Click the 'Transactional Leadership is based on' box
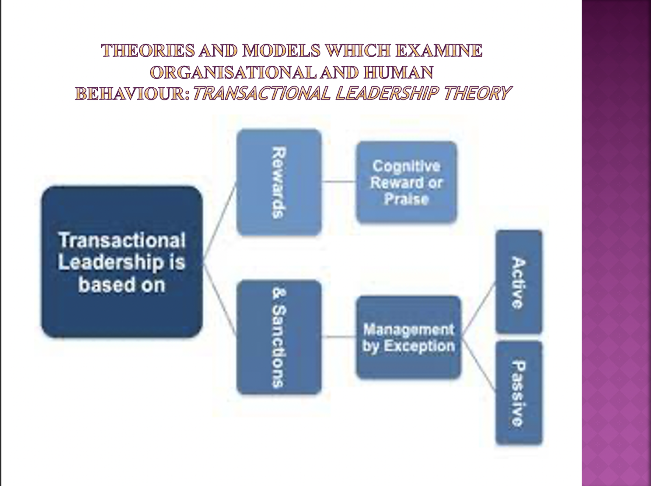click(122, 262)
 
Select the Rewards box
click(278, 182)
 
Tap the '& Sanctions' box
click(278, 337)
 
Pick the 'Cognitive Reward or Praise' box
click(406, 182)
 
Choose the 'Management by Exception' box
click(408, 337)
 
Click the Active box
click(518, 282)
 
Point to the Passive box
click(518, 393)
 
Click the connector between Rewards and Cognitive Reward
click(339, 181)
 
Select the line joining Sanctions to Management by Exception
click(339, 337)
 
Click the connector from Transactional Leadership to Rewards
click(219, 225)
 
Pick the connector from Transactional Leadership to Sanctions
click(219, 299)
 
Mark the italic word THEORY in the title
click(476, 94)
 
